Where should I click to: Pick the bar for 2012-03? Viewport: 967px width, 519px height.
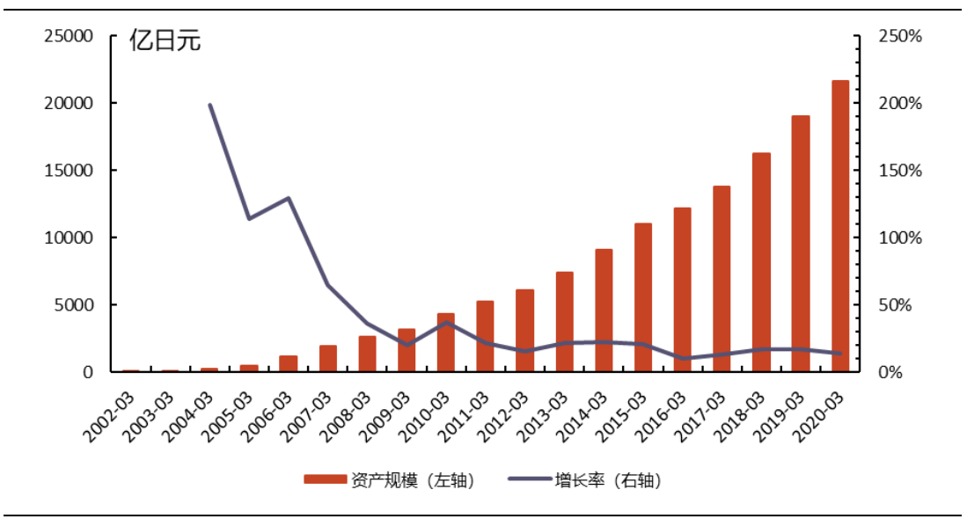click(x=524, y=330)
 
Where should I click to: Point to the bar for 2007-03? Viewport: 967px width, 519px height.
click(x=327, y=358)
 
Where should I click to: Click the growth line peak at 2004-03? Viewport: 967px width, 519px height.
click(x=209, y=105)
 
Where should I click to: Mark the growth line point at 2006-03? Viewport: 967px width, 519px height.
click(x=289, y=198)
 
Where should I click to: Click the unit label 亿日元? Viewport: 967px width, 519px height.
click(x=165, y=40)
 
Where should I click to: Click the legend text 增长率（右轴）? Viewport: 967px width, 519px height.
click(x=607, y=479)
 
